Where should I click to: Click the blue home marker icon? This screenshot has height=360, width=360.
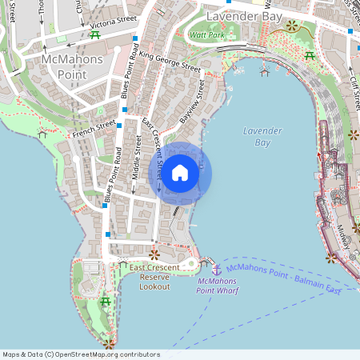click(180, 173)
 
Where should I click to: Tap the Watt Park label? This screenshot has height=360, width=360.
click(206, 34)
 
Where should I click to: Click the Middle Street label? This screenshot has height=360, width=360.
click(137, 154)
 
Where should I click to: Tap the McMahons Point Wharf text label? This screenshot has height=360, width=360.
click(216, 286)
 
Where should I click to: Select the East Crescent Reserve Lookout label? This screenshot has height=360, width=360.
click(154, 276)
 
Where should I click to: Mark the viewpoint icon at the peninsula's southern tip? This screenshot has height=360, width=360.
click(108, 344)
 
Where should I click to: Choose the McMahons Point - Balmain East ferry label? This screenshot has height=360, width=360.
click(284, 279)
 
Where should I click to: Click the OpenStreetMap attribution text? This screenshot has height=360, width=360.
click(81, 354)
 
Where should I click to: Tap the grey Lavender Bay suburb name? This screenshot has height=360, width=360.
click(239, 16)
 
